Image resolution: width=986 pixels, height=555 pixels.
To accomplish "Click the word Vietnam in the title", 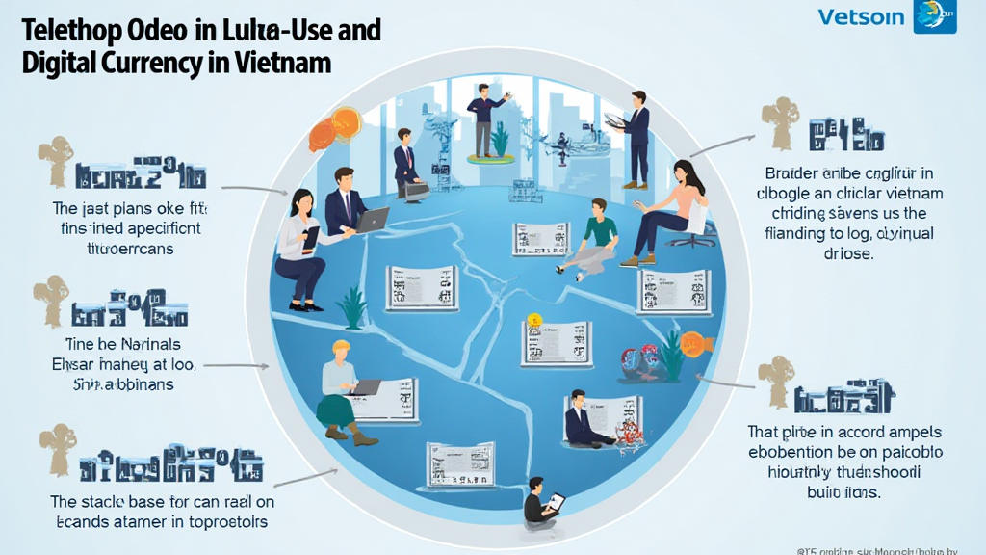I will coord(287,63).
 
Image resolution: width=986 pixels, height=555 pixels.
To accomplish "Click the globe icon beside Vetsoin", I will coord(933,16).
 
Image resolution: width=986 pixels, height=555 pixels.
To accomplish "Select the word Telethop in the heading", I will coord(71,29).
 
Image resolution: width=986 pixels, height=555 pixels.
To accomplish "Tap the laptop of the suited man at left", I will coord(372,221).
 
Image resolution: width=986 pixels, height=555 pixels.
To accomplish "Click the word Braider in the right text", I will coord(789,173).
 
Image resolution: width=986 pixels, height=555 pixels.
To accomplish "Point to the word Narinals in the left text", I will coord(143,344).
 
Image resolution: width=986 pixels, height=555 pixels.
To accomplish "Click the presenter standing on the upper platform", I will coord(483,117).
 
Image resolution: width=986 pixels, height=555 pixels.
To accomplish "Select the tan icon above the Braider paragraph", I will coord(779,119).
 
